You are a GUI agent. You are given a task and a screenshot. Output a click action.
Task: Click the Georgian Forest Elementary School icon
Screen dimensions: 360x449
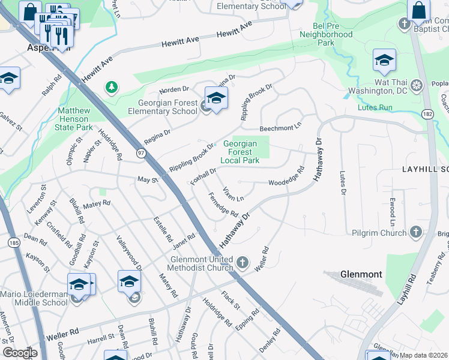[216, 97]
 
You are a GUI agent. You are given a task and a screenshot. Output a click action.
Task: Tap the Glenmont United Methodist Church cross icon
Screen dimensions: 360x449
[242, 263]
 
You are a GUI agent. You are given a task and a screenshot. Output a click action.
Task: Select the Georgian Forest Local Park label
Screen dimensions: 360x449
[240, 152]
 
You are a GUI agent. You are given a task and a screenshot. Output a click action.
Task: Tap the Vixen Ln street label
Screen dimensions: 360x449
[234, 194]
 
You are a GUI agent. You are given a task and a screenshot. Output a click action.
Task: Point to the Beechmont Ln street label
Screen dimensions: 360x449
[280, 128]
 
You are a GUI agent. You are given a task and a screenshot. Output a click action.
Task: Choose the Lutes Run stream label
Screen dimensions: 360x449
[375, 107]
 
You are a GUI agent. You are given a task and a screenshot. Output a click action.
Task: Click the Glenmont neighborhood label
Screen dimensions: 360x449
[361, 274]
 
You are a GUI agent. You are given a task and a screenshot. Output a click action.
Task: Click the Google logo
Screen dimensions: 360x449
[19, 353]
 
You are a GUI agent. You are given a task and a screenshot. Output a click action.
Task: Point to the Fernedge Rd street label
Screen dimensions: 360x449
[223, 205]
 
